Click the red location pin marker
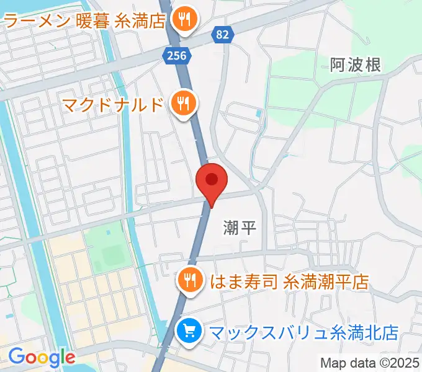pyautogui.click(x=212, y=181)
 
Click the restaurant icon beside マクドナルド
pyautogui.click(x=182, y=102)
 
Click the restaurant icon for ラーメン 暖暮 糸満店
pyautogui.click(x=185, y=21)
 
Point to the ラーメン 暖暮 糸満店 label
pyautogui.click(x=84, y=22)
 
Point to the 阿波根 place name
pyautogui.click(x=355, y=64)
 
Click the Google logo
pyautogui.click(x=42, y=357)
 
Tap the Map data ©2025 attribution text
pyautogui.click(x=369, y=363)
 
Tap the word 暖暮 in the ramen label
pyautogui.click(x=94, y=22)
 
